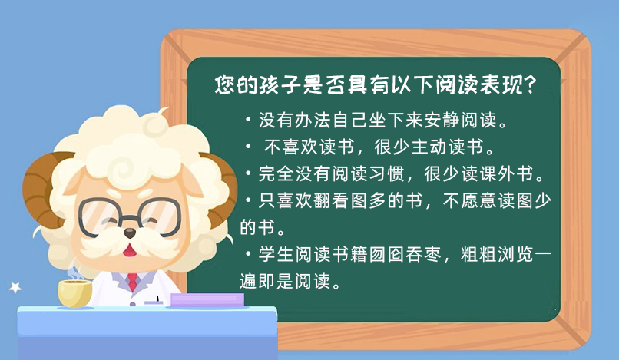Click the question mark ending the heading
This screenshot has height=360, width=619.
(x=530, y=85)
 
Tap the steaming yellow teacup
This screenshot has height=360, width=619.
(x=75, y=293)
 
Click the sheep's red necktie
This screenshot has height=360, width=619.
(x=133, y=282)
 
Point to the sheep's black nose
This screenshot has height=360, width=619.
(x=130, y=233)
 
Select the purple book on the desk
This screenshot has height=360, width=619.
(x=207, y=300)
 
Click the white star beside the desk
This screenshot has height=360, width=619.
(x=15, y=287)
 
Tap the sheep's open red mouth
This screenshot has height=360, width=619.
(x=129, y=249)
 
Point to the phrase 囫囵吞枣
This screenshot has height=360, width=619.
(x=405, y=254)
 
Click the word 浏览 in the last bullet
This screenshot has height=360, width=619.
(x=515, y=254)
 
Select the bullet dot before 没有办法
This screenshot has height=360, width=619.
(x=248, y=119)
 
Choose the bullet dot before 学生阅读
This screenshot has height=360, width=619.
(x=248, y=253)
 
